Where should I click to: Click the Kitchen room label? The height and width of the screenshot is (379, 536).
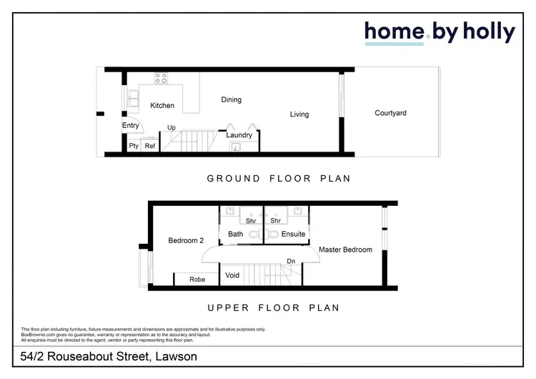coord(162,106)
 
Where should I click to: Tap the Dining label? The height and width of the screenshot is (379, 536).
coord(231,100)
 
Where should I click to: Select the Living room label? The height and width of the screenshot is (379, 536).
coord(299,114)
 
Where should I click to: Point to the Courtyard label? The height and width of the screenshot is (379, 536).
coord(391,113)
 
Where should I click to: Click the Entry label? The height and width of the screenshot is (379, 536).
coord(130,126)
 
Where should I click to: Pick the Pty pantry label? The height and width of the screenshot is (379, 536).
coord(133,146)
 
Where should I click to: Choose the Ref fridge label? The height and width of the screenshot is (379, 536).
coord(150,146)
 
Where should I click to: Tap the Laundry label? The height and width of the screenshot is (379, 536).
coord(239,135)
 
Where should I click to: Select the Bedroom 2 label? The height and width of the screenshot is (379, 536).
coord(186,241)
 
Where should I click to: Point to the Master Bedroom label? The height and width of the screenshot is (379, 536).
coord(345,250)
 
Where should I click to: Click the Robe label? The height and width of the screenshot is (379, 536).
coord(197,280)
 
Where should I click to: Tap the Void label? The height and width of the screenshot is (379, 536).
coord(232,275)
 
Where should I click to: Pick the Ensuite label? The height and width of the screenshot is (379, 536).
coord(293,234)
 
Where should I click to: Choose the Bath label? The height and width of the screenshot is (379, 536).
coord(236,234)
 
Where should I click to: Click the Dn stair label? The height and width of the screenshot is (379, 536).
coord(291,262)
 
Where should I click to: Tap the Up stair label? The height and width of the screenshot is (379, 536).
coord(172,128)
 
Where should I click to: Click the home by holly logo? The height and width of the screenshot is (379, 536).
coord(440,33)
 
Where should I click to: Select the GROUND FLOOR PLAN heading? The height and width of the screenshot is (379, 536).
coord(279,178)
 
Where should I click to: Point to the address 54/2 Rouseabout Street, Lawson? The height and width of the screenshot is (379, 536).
coord(109,356)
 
